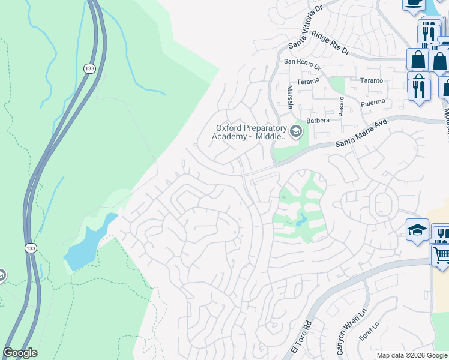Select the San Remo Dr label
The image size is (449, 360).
click(302, 61)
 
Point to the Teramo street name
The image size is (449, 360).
click(310, 80)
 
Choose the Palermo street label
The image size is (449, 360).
click(372, 103)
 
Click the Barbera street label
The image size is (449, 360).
click(318, 121)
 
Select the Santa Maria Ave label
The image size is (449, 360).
click(360, 136)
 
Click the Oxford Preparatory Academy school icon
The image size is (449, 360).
click(295, 131)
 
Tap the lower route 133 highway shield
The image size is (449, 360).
click(30, 247)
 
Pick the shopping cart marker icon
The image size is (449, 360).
click(441, 254)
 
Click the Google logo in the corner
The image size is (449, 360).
click(20, 353)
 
